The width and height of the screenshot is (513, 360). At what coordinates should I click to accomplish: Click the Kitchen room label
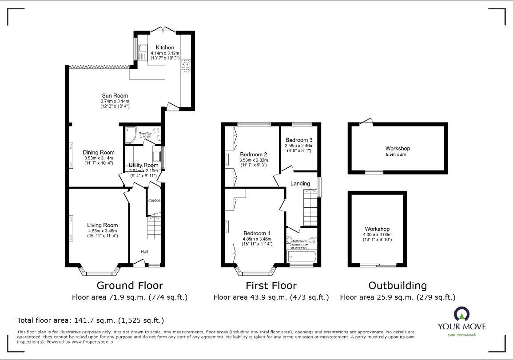(x=164, y=47)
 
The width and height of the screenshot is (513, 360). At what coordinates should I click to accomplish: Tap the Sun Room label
(x=115, y=95)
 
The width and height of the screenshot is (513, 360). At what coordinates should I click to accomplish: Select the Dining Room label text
(x=99, y=153)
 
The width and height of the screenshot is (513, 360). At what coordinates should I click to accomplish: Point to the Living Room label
(x=102, y=225)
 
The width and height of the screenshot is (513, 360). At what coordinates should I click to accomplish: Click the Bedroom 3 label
(x=299, y=139)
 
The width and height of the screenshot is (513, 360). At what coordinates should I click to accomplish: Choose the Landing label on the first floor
(x=300, y=183)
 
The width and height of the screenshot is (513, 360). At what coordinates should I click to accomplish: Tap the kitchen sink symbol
(x=143, y=52)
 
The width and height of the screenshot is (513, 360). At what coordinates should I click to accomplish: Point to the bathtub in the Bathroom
(x=302, y=256)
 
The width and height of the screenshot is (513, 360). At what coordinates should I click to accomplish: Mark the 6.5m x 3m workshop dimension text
(x=397, y=154)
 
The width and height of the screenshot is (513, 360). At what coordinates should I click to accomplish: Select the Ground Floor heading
(x=130, y=285)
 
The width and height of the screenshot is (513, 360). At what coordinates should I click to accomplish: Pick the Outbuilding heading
(x=398, y=285)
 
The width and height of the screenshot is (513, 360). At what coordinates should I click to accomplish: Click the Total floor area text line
(x=91, y=320)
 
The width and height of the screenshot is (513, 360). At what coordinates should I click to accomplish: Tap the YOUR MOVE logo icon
(x=461, y=314)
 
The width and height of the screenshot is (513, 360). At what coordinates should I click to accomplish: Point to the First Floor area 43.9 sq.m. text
(x=271, y=297)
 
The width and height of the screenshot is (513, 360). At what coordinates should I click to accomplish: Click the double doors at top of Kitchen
(x=163, y=29)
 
